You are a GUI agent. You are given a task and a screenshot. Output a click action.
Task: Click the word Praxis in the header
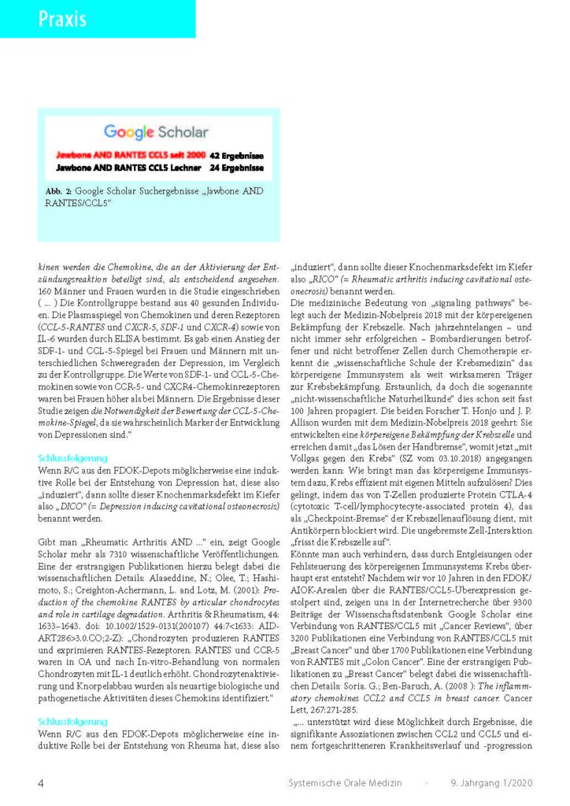coord(63,19)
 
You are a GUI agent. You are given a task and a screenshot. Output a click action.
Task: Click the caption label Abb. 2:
coord(62,191)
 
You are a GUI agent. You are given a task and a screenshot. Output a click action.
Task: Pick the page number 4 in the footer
coord(41,782)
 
